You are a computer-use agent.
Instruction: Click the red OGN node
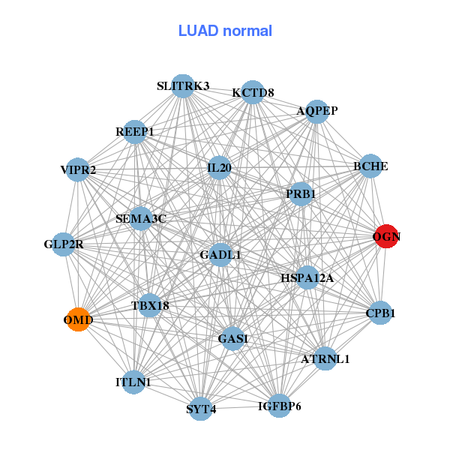[386, 236]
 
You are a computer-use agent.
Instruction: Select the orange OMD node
[79, 320]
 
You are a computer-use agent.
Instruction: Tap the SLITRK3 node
[183, 85]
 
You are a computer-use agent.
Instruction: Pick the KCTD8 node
[253, 93]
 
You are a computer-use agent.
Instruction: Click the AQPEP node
[317, 111]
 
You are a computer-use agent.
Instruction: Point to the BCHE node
[370, 166]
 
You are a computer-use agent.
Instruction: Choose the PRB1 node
[301, 193]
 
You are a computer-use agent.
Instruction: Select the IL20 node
[219, 168]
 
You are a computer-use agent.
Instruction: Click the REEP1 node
[135, 132]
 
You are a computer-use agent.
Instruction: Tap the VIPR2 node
[78, 170]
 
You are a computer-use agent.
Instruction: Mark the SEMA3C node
[140, 219]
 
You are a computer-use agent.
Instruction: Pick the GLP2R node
[64, 244]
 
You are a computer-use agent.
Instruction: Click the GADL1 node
[220, 255]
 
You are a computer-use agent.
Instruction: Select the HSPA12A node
[307, 277]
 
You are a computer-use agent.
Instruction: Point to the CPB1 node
[380, 313]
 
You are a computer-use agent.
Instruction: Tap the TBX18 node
[150, 305]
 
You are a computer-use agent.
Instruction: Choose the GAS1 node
[233, 339]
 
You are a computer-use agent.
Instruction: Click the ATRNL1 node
[325, 358]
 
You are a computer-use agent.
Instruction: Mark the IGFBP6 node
[279, 406]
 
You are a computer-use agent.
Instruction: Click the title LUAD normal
[225, 31]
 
